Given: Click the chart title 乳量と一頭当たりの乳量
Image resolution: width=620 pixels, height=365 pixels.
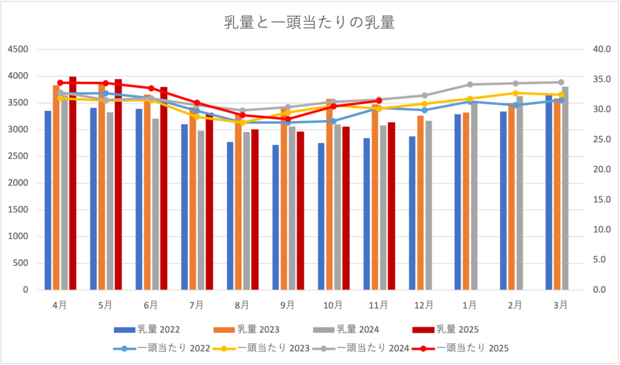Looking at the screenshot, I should tap(309, 24).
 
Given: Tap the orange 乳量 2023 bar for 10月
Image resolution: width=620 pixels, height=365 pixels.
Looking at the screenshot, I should tap(330, 194).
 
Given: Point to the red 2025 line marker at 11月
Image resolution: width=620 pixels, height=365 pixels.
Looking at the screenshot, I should tap(379, 101).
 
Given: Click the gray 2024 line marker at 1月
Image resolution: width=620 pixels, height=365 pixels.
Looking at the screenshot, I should tap(470, 84).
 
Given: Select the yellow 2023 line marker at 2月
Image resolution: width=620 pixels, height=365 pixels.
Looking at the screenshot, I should tap(515, 93).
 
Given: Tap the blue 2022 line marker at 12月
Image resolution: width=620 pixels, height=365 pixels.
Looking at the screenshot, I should tap(424, 110).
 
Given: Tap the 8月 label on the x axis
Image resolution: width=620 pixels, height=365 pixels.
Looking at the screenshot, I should tap(242, 304).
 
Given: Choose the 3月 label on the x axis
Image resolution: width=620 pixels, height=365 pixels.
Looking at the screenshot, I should tap(561, 304).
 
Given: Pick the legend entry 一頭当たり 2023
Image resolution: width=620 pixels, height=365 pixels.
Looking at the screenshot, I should tap(260, 348).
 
